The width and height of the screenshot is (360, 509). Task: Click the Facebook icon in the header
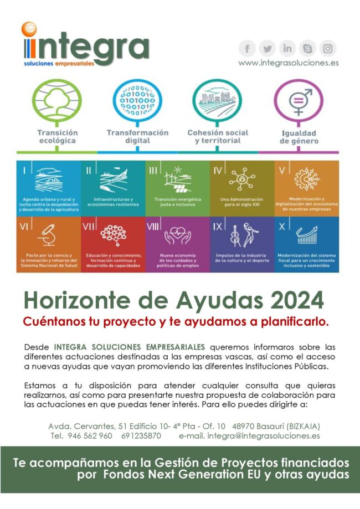click(x=248, y=48)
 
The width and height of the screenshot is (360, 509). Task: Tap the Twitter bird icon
click(x=268, y=48)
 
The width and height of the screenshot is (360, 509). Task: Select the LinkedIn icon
click(x=287, y=48)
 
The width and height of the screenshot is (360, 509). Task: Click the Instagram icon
click(x=328, y=48)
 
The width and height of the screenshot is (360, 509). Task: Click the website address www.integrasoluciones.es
click(x=288, y=63)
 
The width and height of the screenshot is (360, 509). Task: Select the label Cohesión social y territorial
click(x=218, y=137)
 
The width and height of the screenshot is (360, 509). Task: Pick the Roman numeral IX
click(x=218, y=226)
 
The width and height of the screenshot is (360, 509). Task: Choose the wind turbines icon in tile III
click(x=178, y=179)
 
